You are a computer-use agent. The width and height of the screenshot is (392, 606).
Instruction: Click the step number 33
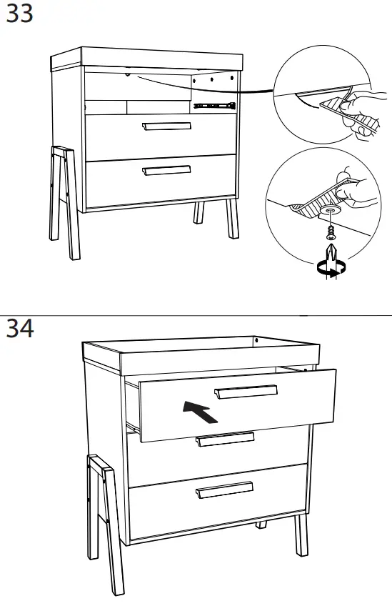(19, 14)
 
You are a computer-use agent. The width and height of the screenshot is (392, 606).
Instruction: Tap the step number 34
(19, 329)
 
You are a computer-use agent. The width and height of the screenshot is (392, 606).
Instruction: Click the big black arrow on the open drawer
(201, 411)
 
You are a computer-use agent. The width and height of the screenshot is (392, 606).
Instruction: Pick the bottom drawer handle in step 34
(225, 490)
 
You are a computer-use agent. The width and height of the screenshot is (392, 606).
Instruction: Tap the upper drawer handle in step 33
(167, 126)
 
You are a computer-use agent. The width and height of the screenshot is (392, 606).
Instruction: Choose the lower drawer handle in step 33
(166, 170)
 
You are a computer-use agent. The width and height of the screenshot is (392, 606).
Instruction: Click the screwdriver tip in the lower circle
(330, 252)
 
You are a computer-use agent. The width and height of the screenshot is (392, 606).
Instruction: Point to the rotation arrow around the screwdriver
(331, 268)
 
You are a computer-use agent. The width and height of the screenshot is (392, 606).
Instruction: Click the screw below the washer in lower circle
(330, 230)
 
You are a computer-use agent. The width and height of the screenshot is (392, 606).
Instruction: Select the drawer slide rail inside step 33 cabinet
(213, 106)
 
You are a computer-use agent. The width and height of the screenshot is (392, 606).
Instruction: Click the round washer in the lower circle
(330, 212)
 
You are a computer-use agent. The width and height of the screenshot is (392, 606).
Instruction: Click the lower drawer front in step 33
(161, 183)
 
